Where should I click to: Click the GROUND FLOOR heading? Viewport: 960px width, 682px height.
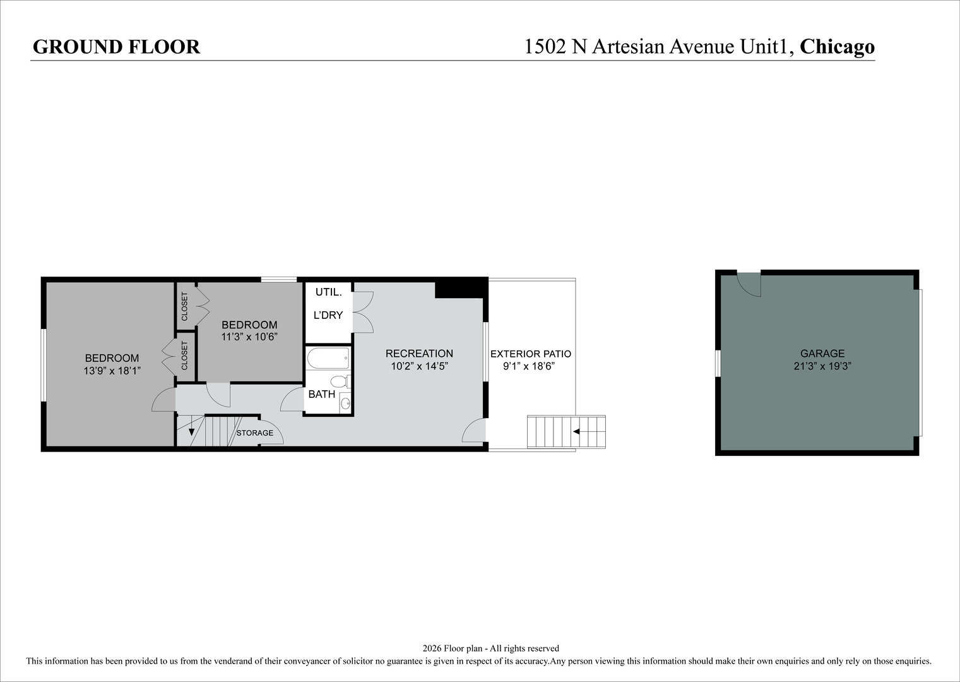pyautogui.click(x=116, y=47)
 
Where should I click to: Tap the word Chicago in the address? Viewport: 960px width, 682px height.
pyautogui.click(x=837, y=47)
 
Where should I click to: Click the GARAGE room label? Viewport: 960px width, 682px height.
pyautogui.click(x=822, y=353)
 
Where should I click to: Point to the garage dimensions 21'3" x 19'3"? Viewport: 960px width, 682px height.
pyautogui.click(x=822, y=366)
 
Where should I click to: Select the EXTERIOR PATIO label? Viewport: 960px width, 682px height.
pyautogui.click(x=531, y=354)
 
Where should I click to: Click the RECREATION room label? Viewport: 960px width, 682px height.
pyautogui.click(x=419, y=353)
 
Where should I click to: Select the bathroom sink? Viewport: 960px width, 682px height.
pyautogui.click(x=345, y=403)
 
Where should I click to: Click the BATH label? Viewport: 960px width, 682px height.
pyautogui.click(x=322, y=394)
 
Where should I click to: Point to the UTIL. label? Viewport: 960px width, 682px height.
pyautogui.click(x=328, y=292)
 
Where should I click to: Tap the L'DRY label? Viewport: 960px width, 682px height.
pyautogui.click(x=328, y=315)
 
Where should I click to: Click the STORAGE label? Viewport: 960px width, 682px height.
pyautogui.click(x=254, y=433)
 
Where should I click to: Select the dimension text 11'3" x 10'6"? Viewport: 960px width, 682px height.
pyautogui.click(x=249, y=337)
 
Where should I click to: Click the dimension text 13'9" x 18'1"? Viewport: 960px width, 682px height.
pyautogui.click(x=112, y=370)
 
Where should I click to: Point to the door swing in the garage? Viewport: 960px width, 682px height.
pyautogui.click(x=749, y=284)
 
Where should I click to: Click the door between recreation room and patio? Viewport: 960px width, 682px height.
pyautogui.click(x=474, y=430)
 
